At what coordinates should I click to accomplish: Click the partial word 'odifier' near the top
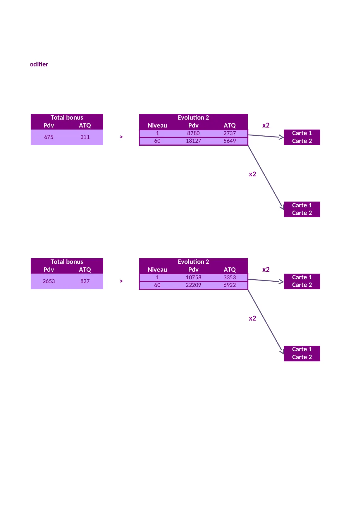click(39, 64)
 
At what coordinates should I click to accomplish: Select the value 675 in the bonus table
click(49, 137)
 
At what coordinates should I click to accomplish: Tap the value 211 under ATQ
click(85, 137)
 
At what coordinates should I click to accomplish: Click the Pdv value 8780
click(193, 133)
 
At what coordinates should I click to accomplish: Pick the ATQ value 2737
click(230, 133)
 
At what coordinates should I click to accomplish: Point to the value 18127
click(193, 141)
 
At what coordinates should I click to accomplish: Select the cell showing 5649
click(230, 141)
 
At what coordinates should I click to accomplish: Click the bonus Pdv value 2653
click(49, 281)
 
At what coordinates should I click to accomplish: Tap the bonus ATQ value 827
click(85, 281)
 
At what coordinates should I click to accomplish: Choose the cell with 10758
click(193, 277)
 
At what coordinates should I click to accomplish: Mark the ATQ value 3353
click(230, 277)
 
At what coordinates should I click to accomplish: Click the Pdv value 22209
click(193, 285)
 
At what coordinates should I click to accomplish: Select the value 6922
click(230, 285)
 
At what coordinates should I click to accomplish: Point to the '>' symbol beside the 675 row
click(121, 137)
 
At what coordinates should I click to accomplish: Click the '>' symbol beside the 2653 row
click(121, 281)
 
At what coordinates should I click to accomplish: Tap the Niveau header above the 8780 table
click(157, 125)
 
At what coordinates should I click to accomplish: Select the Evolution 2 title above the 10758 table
click(193, 262)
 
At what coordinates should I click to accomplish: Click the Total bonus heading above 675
click(67, 118)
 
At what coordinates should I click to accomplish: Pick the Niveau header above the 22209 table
click(157, 270)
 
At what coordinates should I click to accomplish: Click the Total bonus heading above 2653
click(67, 262)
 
